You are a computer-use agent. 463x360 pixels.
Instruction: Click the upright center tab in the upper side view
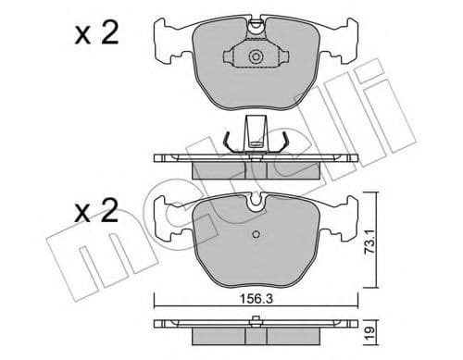pos(256,130)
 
